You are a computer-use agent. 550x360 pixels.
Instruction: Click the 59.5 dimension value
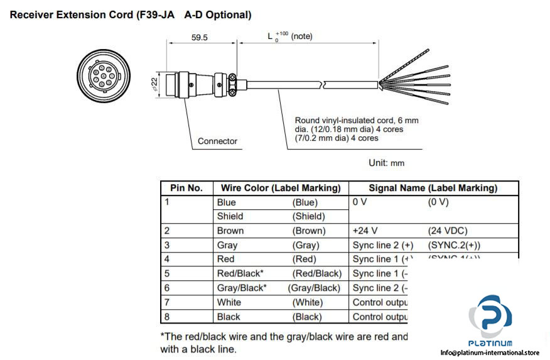200,38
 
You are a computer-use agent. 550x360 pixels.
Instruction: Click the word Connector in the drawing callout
217,141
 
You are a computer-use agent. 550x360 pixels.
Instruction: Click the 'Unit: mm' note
386,163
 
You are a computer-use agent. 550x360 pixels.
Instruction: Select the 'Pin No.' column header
186,188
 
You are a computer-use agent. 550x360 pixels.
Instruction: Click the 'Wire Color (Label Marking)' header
281,188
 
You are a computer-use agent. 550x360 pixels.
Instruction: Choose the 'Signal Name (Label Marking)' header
433,188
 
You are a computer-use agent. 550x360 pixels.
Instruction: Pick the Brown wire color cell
230,231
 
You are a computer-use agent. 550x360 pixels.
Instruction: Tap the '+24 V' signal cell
367,231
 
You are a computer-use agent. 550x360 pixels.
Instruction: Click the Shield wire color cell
230,216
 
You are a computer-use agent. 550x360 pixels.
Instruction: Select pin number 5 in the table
167,273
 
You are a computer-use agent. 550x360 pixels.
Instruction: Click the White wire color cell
229,302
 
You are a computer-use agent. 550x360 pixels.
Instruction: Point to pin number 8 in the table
167,317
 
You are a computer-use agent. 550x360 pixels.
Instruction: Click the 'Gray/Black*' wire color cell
242,288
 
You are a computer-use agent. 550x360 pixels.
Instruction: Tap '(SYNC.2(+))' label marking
458,245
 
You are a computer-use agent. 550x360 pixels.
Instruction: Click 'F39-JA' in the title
155,14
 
